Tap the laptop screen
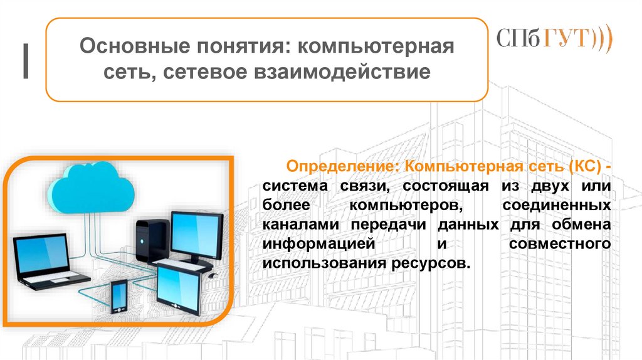pos(42,255)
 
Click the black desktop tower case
pos(151,240)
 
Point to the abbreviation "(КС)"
pos(585,167)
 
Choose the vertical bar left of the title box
pos(26,62)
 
